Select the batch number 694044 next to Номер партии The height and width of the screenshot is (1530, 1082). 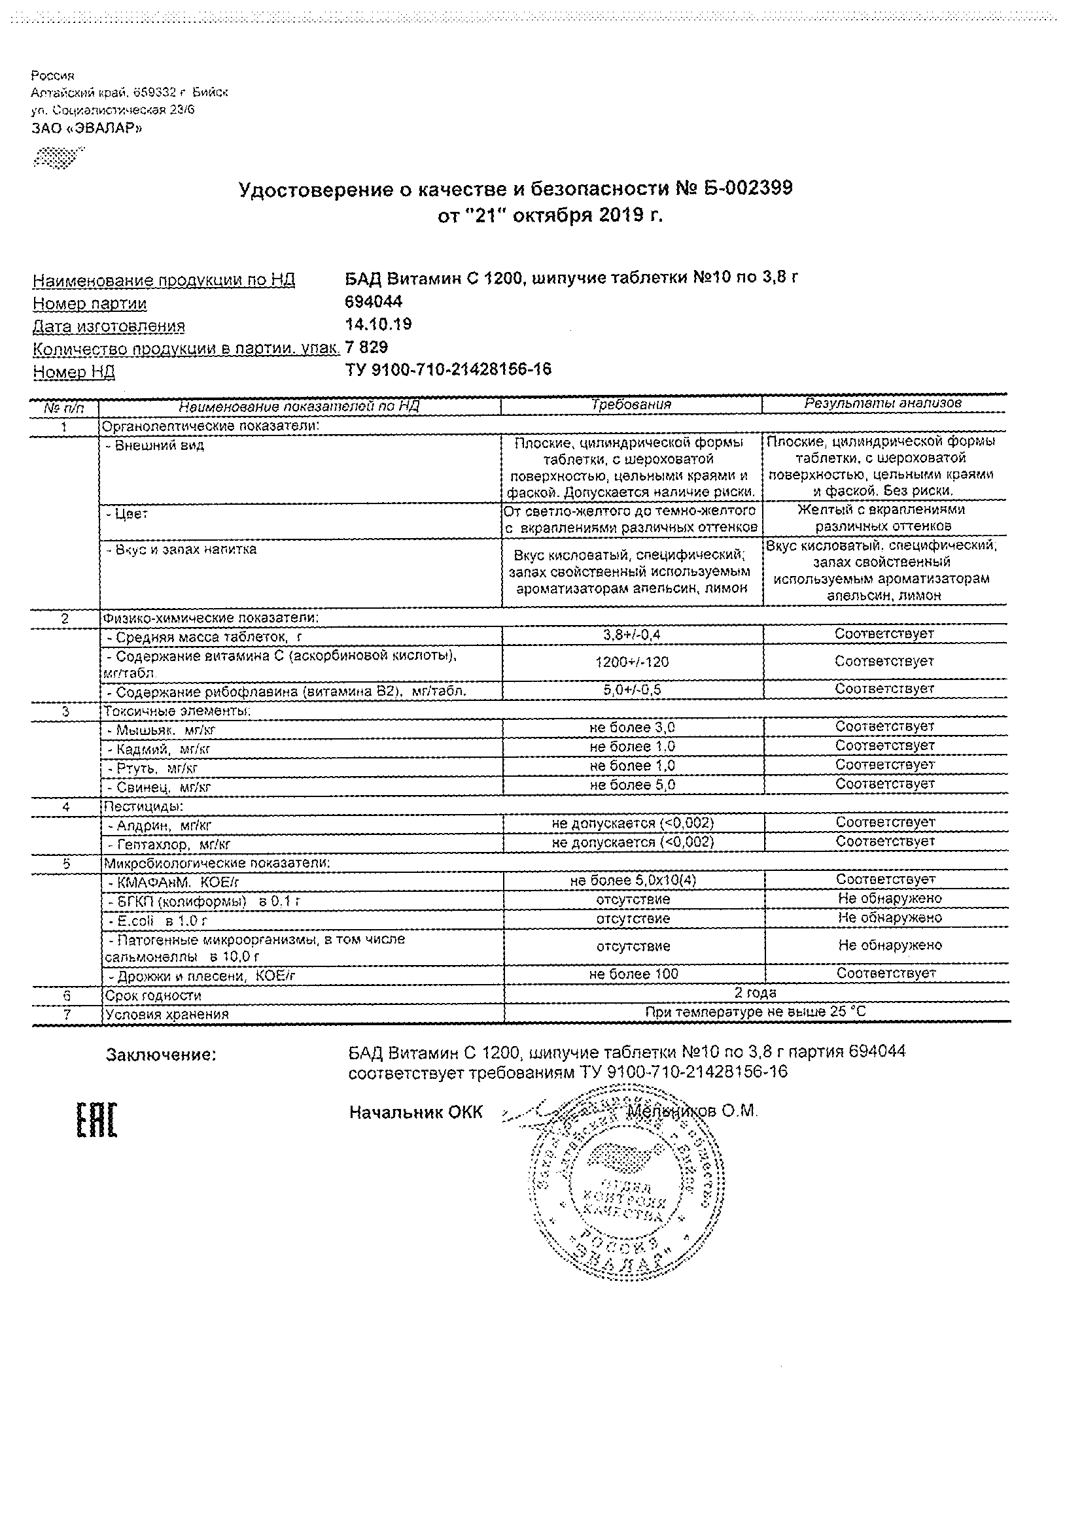tap(374, 302)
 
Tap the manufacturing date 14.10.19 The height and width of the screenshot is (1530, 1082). tap(378, 324)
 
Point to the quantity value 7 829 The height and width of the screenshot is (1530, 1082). tap(367, 347)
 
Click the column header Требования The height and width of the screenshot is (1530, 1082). tap(631, 405)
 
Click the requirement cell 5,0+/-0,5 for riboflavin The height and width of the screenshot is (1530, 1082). tap(631, 690)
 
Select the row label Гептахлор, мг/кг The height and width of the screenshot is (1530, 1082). tap(168, 845)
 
